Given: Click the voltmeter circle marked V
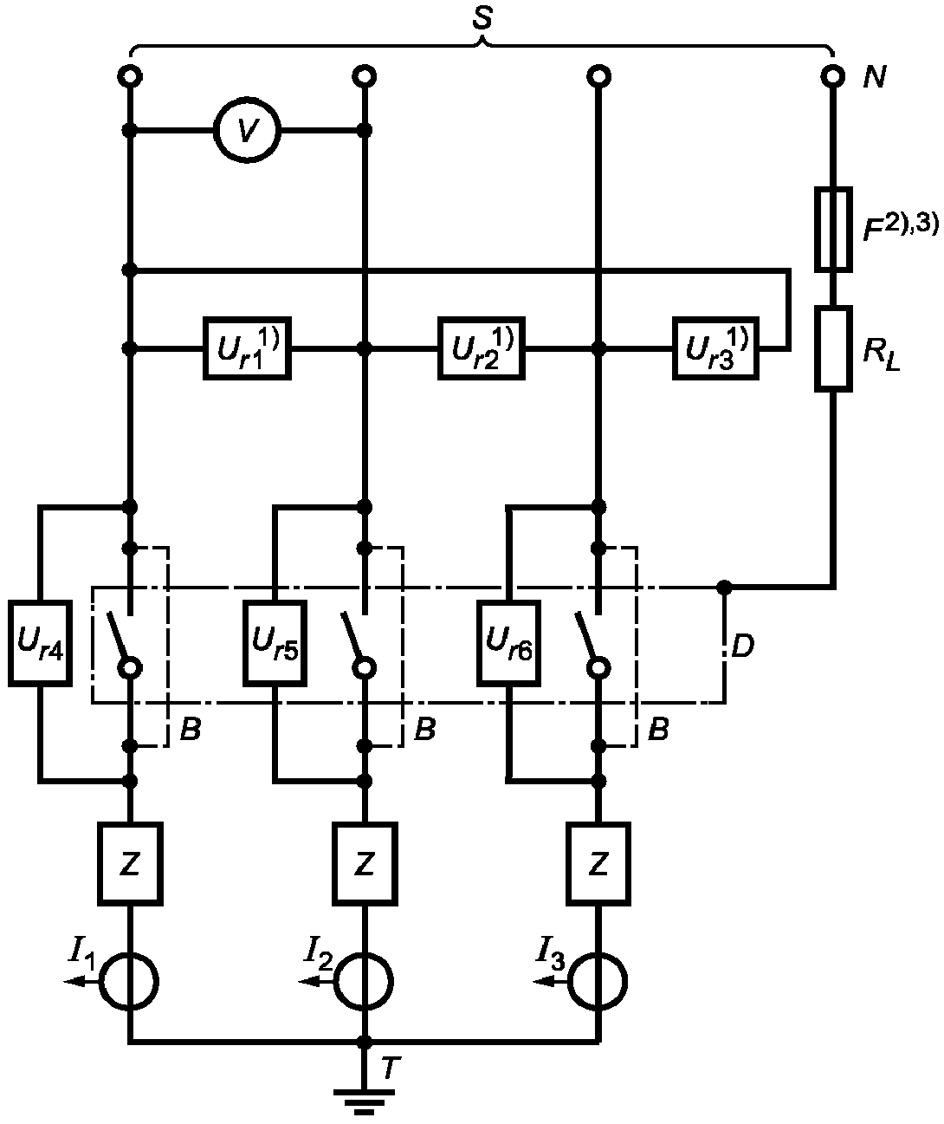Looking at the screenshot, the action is (x=247, y=130).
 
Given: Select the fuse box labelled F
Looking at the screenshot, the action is (x=833, y=228).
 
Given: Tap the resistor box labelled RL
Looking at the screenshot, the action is (x=833, y=349).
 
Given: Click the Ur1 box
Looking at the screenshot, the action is (x=247, y=348).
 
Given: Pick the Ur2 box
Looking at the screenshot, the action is (x=482, y=348).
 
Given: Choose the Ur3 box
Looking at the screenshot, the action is (x=716, y=348).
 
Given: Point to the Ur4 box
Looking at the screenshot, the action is (x=41, y=644).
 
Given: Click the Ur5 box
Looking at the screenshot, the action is (x=275, y=644).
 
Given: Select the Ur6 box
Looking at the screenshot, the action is (x=509, y=644).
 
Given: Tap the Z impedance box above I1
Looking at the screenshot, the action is (x=130, y=864).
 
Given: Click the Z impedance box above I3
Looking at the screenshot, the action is (x=598, y=864).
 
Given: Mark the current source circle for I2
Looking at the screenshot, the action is (x=364, y=981).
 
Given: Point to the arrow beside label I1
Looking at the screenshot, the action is (x=81, y=981).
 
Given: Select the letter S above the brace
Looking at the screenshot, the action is (x=482, y=18).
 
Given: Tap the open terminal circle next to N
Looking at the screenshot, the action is (x=833, y=76).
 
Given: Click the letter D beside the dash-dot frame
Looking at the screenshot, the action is (x=743, y=646).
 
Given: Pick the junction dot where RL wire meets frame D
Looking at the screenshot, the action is (x=725, y=588).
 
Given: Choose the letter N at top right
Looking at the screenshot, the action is (x=875, y=77).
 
